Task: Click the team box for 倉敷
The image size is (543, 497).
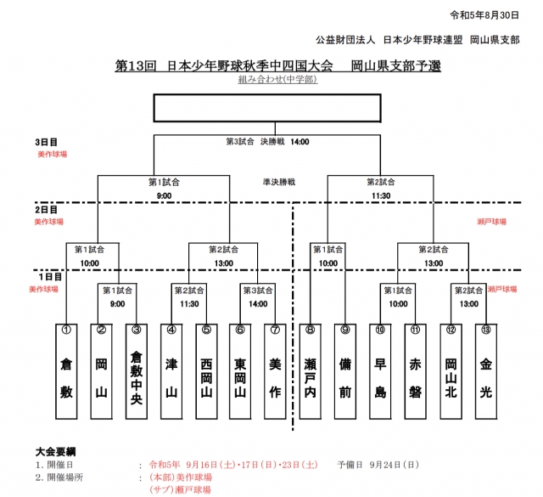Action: pyautogui.click(x=65, y=371)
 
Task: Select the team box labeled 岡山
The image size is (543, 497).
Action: pyautogui.click(x=100, y=371)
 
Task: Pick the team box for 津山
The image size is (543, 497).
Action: pyautogui.click(x=171, y=371)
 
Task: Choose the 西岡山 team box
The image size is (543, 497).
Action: pyautogui.click(x=206, y=371)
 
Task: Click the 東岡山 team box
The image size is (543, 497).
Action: pyautogui.click(x=240, y=371)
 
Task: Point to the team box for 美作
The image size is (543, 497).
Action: pyautogui.click(x=275, y=371)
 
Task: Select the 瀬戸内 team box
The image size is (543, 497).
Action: pyautogui.click(x=311, y=371)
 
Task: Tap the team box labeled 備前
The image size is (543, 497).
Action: pyautogui.click(x=345, y=371)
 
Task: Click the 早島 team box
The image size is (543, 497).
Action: pyautogui.click(x=381, y=371)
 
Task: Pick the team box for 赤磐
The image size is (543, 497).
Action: pyautogui.click(x=416, y=371)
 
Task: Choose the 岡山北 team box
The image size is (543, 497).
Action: pyautogui.click(x=451, y=371)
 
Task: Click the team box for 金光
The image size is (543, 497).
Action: pyautogui.click(x=485, y=371)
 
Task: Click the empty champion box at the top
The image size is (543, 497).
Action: pyautogui.click(x=269, y=108)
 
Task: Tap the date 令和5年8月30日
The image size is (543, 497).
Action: pyautogui.click(x=484, y=14)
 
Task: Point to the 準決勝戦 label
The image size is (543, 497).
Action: pyautogui.click(x=279, y=182)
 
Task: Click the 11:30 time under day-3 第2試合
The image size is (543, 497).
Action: pyautogui.click(x=380, y=196)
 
